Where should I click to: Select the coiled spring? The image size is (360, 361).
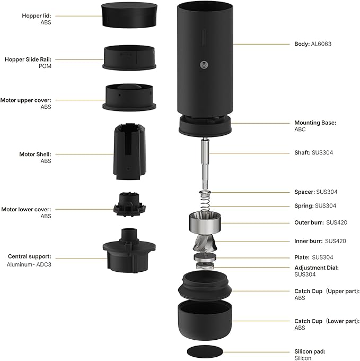coord(205,202)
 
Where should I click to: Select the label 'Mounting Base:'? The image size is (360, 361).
coord(315,123)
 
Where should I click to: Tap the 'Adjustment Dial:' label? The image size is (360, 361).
coord(316,268)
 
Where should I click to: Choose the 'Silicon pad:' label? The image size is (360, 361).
coord(310,351)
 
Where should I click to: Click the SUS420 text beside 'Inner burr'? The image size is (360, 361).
coord(336,241)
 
